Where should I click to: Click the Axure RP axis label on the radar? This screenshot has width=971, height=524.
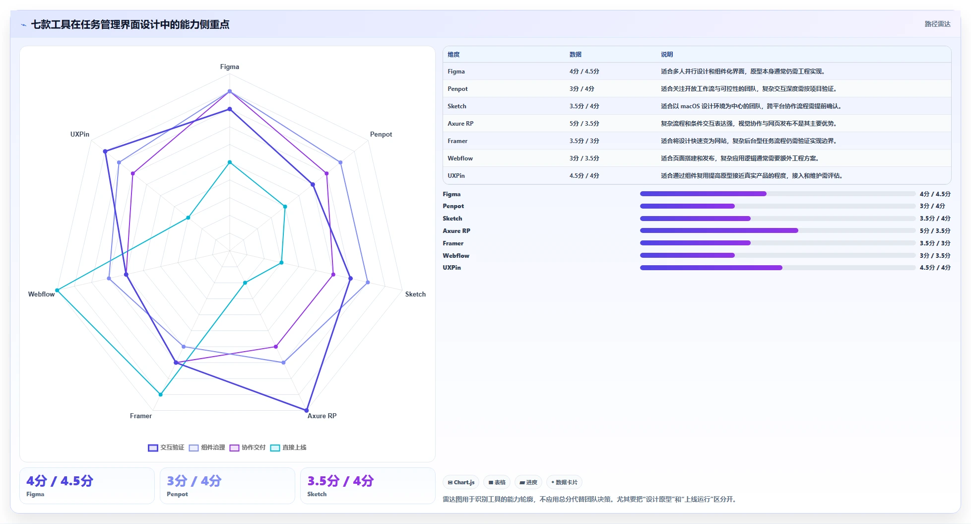pyautogui.click(x=322, y=416)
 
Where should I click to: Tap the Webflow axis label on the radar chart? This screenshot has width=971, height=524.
pyautogui.click(x=41, y=294)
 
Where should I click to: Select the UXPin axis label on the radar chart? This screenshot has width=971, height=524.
pyautogui.click(x=80, y=134)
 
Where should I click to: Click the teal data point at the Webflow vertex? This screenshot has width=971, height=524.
pyautogui.click(x=57, y=290)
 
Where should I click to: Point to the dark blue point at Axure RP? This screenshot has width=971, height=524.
pyautogui.click(x=306, y=410)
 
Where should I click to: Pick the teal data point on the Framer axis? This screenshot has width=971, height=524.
pyautogui.click(x=160, y=394)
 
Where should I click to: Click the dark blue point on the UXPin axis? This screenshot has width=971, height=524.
pyautogui.click(x=105, y=151)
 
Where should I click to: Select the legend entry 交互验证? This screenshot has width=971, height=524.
pyautogui.click(x=166, y=448)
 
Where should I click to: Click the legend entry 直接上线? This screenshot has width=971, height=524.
pyautogui.click(x=288, y=448)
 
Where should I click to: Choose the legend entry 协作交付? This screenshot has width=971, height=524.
pyautogui.click(x=248, y=448)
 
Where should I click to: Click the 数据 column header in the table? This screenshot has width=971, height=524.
pyautogui.click(x=576, y=55)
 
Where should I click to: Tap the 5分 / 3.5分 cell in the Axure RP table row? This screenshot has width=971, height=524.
pyautogui.click(x=584, y=124)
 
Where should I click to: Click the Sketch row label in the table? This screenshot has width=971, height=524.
pyautogui.click(x=457, y=106)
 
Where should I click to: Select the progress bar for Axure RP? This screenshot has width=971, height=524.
pyautogui.click(x=777, y=230)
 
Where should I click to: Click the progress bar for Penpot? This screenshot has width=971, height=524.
pyautogui.click(x=777, y=206)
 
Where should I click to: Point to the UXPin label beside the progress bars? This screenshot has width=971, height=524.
pyautogui.click(x=452, y=268)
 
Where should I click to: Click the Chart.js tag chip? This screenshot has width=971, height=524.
pyautogui.click(x=461, y=482)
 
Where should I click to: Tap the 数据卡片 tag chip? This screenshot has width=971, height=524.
pyautogui.click(x=564, y=482)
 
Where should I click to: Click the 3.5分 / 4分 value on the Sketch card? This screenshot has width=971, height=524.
pyautogui.click(x=340, y=481)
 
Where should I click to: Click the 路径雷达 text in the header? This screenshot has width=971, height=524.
pyautogui.click(x=937, y=24)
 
